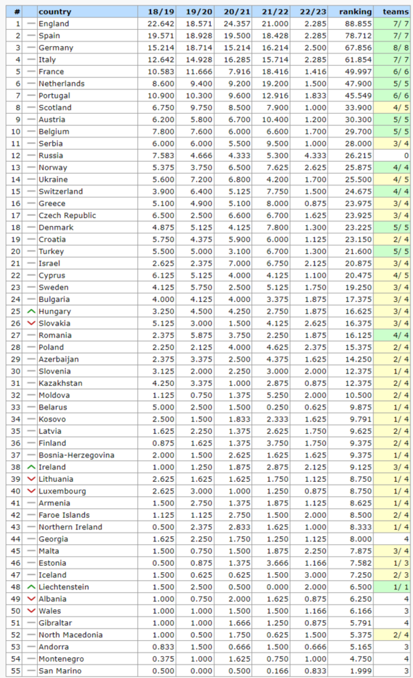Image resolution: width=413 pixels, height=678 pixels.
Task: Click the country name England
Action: (x=54, y=24)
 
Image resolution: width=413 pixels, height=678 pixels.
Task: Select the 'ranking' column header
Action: (x=355, y=11)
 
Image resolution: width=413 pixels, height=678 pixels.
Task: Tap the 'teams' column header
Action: (x=396, y=11)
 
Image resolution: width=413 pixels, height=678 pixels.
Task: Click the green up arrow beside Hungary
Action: (x=31, y=311)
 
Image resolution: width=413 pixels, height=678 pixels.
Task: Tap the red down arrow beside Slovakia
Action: (x=31, y=323)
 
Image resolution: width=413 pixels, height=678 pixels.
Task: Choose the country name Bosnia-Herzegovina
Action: (x=76, y=455)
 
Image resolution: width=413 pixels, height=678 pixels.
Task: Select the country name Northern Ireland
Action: (x=70, y=527)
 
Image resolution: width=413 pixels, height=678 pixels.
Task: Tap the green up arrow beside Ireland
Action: (x=31, y=467)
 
